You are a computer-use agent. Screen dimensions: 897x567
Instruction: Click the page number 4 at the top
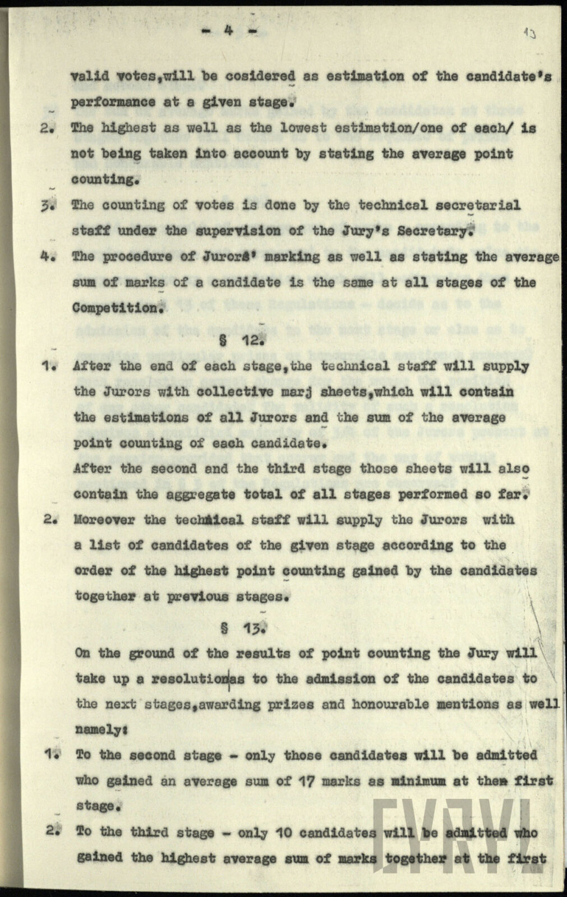pos(228,31)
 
